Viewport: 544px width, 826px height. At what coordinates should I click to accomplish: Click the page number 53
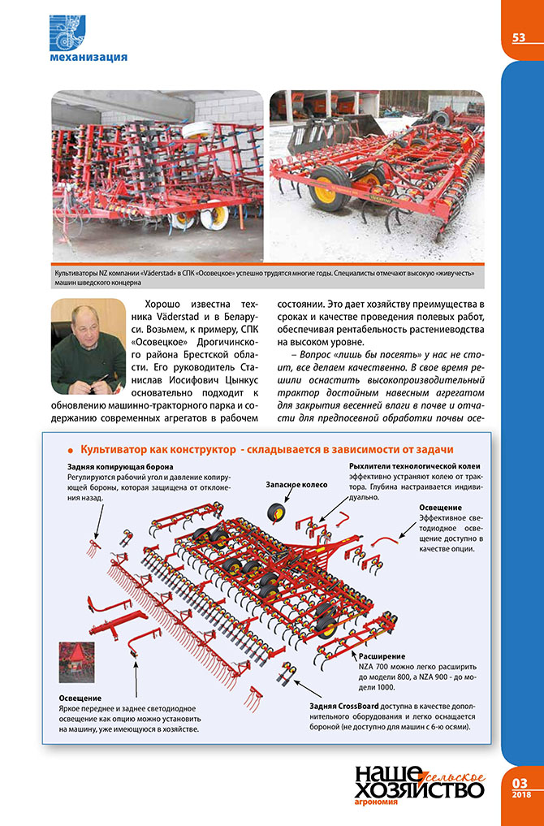[x=519, y=37]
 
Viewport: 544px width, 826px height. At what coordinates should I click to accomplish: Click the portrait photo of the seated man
[x=88, y=347]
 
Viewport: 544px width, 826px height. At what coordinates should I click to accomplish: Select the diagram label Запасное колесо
[x=296, y=485]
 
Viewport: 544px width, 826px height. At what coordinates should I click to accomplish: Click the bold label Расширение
[x=382, y=655]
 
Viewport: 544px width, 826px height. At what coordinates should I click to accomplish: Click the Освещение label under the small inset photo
[x=80, y=698]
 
